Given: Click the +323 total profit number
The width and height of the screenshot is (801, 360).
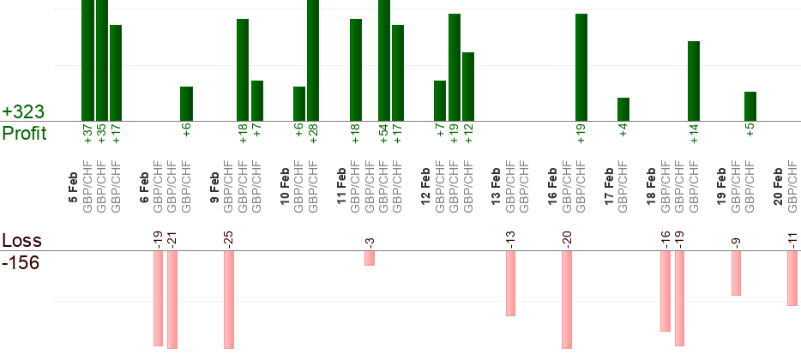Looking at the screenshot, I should click(x=23, y=112).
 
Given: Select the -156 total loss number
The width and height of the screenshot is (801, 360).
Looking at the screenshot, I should click(x=21, y=262).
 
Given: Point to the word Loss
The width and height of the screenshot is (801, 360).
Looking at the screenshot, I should click(x=21, y=241).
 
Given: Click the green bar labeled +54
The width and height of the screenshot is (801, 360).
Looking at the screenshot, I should click(x=384, y=60).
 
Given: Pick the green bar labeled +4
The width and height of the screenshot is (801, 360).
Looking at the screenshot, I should click(x=623, y=109).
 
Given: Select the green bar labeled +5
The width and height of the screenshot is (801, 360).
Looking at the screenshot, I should click(x=750, y=106).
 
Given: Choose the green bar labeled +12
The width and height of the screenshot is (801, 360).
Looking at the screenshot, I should click(x=468, y=87).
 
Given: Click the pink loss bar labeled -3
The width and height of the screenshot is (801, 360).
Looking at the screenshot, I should click(x=370, y=258).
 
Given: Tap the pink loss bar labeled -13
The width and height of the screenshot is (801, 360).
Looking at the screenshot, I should click(x=510, y=283).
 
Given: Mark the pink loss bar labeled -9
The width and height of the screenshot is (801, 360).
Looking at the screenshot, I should click(x=736, y=273).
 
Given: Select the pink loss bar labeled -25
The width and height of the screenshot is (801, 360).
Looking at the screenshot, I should click(x=229, y=299).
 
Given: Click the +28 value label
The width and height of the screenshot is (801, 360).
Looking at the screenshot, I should click(x=313, y=134).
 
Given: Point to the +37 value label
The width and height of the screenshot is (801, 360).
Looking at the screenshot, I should click(x=87, y=134).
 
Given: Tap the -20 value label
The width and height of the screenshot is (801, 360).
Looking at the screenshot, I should click(x=567, y=238).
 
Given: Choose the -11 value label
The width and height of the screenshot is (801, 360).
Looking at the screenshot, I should click(x=792, y=239).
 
